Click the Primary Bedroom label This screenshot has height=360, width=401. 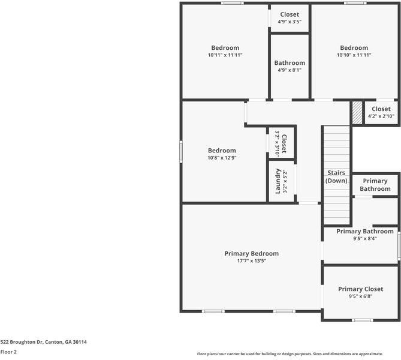pos(251,253)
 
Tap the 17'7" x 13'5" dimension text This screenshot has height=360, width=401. pos(251,261)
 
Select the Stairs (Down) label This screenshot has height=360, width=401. pos(336,176)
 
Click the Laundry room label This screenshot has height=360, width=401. pos(278,181)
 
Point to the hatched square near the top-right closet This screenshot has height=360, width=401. pos(357,112)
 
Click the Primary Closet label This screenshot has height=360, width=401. pos(360,289)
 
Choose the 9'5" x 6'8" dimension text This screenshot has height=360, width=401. pos(360,296)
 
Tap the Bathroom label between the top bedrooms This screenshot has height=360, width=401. pos(290,62)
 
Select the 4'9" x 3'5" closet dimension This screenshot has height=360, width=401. pos(290,22)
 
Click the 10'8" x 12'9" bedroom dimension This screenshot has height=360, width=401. pos(222,158)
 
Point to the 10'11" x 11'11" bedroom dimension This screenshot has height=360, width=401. pos(225,55)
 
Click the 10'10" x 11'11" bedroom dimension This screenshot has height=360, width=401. pos(354,55)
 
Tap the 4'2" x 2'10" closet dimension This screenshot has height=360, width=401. pos(381,116)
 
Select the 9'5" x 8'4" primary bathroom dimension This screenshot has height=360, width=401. pos(364,238)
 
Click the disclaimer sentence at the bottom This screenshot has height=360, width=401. pos(299,353)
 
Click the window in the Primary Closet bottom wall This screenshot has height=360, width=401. pos(362,320)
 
